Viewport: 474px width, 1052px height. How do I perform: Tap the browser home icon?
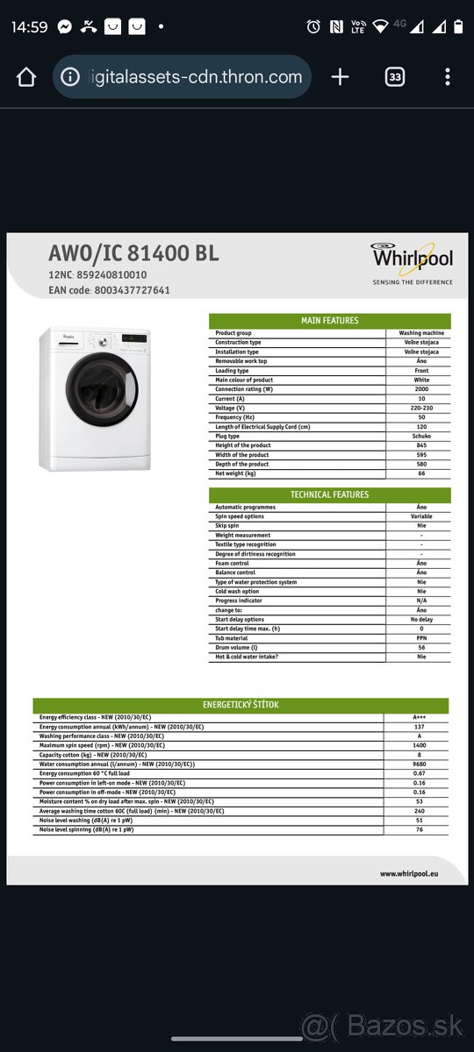point(26,77)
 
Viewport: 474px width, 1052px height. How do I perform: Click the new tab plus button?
point(340,77)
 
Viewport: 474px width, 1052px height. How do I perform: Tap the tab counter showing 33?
point(395,77)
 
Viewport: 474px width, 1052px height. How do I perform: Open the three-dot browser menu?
point(448,77)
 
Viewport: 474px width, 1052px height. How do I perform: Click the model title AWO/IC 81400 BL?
point(133,254)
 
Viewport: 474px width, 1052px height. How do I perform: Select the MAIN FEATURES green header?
point(329,321)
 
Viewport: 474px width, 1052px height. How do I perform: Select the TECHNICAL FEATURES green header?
point(329,494)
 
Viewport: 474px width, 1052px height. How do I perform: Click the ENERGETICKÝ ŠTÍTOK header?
point(241,705)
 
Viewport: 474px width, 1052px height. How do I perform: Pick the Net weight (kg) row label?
point(235,473)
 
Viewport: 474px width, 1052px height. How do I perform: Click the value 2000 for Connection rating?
point(421,389)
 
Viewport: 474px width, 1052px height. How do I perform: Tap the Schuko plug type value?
point(421,436)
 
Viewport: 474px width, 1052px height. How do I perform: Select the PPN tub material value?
point(421,638)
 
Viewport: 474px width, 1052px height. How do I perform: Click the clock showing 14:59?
point(30,26)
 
